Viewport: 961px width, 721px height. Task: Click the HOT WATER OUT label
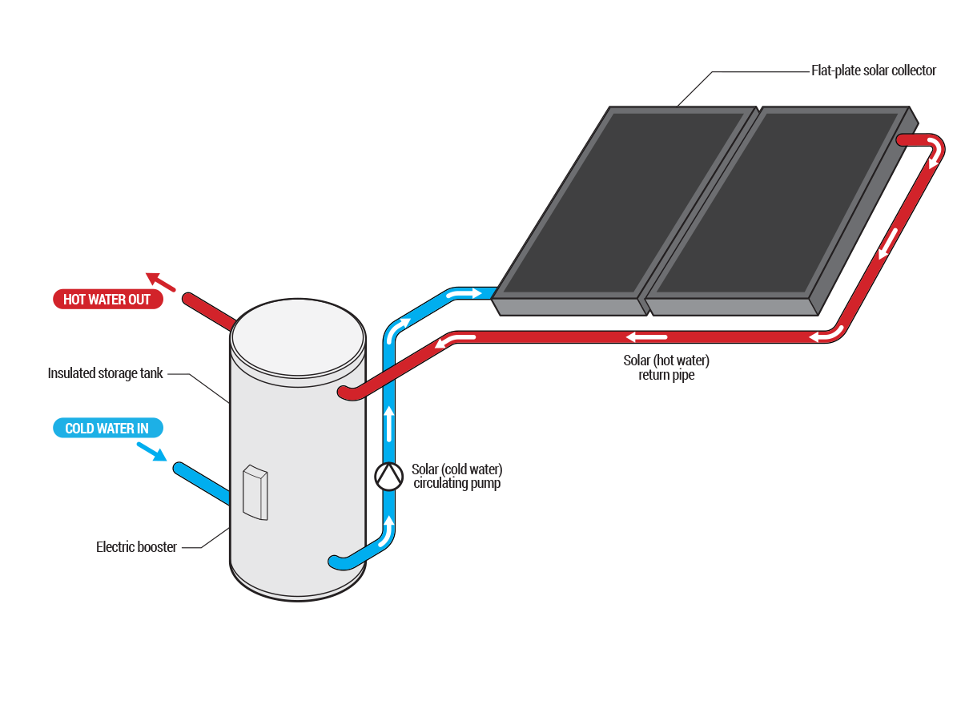pyautogui.click(x=107, y=300)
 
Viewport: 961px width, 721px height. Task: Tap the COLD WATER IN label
pyautogui.click(x=107, y=429)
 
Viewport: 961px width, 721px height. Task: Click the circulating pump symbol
pyautogui.click(x=388, y=477)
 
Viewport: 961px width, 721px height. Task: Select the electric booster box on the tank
pyautogui.click(x=255, y=492)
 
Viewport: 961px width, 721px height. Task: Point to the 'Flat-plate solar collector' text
pyautogui.click(x=873, y=70)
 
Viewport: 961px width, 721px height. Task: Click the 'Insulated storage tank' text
pyautogui.click(x=106, y=373)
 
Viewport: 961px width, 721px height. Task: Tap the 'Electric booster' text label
pyautogui.click(x=136, y=547)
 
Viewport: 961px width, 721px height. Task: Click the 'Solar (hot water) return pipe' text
pyautogui.click(x=666, y=368)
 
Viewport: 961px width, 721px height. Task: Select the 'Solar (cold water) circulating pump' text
pyautogui.click(x=456, y=477)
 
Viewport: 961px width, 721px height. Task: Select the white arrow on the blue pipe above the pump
pyautogui.click(x=389, y=424)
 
